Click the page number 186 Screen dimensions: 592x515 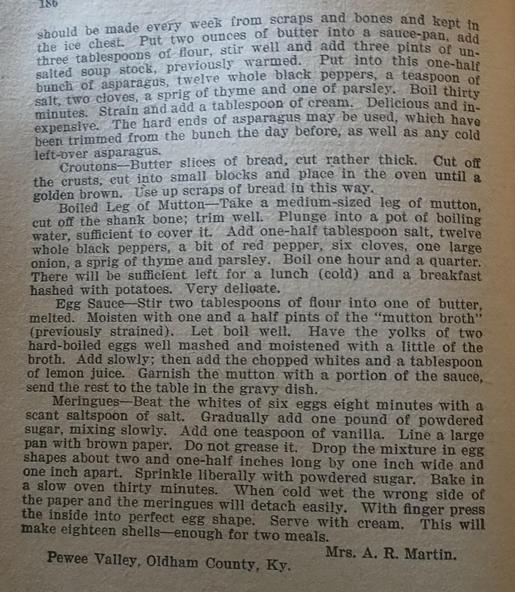click(x=49, y=4)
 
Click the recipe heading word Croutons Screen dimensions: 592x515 click(x=89, y=167)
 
